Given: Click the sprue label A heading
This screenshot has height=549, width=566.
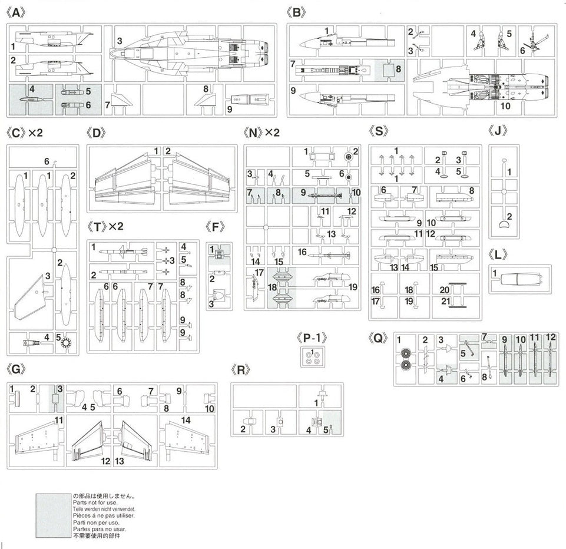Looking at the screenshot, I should point(16,12).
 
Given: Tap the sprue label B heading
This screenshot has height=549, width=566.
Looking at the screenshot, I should point(296,12).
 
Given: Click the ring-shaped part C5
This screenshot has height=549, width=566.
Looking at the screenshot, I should point(65,342).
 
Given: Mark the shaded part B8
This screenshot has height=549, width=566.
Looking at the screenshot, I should point(389,70).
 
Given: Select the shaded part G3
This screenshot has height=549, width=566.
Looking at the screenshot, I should point(55,398).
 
